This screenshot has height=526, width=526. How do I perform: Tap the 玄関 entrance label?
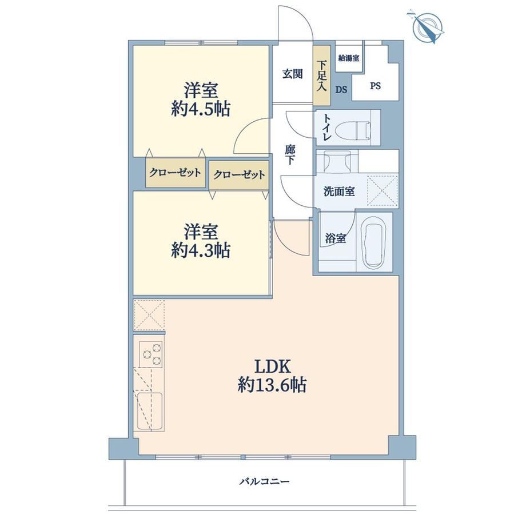click(x=293, y=74)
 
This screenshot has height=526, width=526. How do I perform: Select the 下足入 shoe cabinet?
click(x=322, y=75)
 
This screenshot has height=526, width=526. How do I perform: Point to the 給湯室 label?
click(x=349, y=58)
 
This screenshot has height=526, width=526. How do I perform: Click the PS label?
click(x=376, y=86)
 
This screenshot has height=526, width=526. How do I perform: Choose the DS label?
click(x=341, y=90)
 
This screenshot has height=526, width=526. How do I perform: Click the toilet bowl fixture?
click(x=353, y=128)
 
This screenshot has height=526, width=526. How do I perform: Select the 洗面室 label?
click(x=339, y=192)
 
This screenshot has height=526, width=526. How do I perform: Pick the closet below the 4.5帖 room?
click(x=176, y=173)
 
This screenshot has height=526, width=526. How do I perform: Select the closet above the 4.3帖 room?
click(x=239, y=175)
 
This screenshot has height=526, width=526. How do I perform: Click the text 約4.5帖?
click(x=201, y=109)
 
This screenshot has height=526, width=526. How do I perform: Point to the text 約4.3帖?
click(x=201, y=250)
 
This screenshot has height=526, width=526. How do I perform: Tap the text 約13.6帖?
click(x=272, y=385)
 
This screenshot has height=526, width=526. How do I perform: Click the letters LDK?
click(x=272, y=366)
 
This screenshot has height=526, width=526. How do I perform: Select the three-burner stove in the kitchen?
click(x=151, y=354)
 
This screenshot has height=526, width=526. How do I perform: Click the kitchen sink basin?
click(x=150, y=411)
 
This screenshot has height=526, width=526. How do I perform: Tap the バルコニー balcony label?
click(x=264, y=482)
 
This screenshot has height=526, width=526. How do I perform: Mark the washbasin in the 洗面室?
click(x=337, y=162)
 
